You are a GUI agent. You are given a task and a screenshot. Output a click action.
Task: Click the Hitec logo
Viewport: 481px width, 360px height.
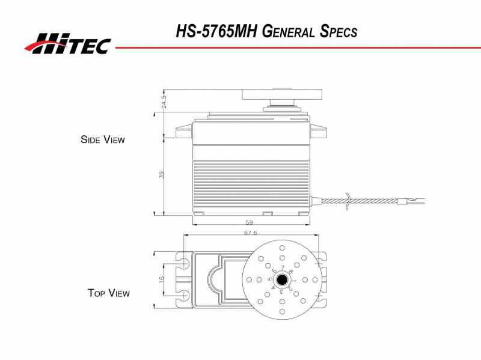point(67,43)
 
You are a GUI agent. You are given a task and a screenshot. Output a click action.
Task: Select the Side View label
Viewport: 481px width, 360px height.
point(103,139)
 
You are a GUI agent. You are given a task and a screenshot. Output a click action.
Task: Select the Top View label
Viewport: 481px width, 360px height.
point(108,293)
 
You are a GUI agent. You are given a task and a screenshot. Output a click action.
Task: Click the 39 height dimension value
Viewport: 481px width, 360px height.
point(162,174)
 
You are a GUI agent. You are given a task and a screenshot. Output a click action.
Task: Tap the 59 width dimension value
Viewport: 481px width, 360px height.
point(249,222)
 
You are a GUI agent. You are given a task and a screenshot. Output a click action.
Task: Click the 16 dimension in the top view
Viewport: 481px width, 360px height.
point(162,279)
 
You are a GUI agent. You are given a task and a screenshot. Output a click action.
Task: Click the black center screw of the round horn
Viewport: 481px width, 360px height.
point(281,280)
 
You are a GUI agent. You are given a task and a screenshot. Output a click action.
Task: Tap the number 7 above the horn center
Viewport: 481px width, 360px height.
point(282,267)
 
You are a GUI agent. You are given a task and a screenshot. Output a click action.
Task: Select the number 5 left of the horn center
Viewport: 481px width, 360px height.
point(270,280)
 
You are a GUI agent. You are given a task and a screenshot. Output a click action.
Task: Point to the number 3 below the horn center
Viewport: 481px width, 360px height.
point(281,291)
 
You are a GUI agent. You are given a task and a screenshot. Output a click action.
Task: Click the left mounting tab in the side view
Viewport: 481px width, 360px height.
point(183,132)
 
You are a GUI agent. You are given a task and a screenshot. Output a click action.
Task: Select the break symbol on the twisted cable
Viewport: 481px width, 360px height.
point(349,202)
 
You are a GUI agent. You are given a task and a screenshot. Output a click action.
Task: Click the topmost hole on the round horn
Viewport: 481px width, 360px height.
point(281,248)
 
